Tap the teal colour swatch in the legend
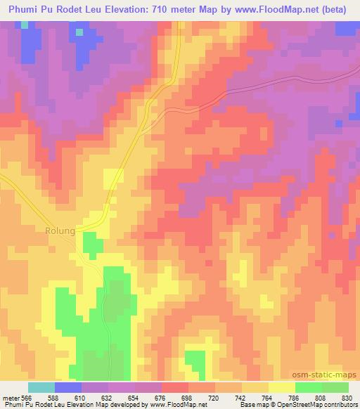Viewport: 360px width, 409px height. (x=41, y=387)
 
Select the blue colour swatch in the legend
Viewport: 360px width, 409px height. (x=68, y=387)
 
